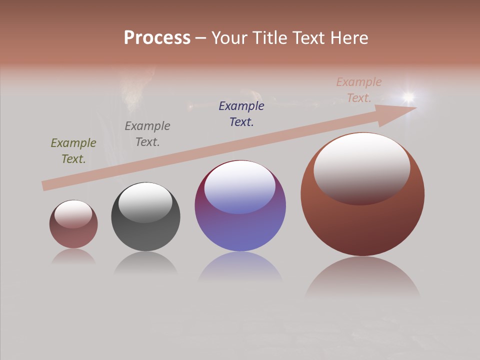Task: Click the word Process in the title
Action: (x=157, y=38)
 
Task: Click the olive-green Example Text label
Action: (x=73, y=151)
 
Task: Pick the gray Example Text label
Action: (x=147, y=134)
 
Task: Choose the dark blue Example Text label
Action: (x=241, y=114)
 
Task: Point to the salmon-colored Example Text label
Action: (x=359, y=90)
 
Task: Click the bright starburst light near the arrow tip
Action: (x=409, y=96)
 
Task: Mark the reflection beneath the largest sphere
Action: (x=362, y=277)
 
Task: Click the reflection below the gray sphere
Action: (x=145, y=263)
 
